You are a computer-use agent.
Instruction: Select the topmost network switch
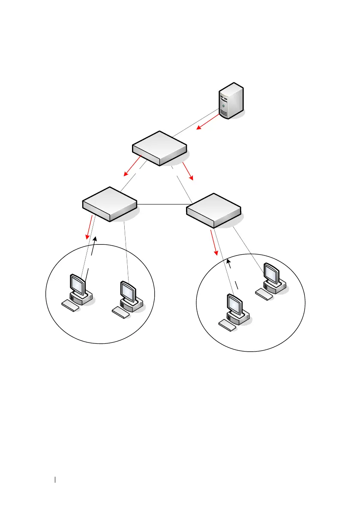click(x=159, y=148)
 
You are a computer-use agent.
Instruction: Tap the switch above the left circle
click(x=110, y=204)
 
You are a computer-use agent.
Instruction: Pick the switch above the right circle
click(x=214, y=210)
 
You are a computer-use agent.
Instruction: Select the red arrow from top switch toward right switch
click(x=188, y=171)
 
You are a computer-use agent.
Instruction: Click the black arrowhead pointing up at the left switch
click(x=96, y=239)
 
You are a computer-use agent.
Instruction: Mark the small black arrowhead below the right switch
click(x=228, y=261)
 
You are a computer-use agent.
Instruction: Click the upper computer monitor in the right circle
click(x=272, y=273)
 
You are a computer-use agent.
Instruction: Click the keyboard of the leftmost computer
click(x=71, y=306)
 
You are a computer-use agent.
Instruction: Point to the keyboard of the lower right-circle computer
click(x=227, y=325)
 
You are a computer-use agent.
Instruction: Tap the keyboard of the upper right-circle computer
click(x=264, y=294)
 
